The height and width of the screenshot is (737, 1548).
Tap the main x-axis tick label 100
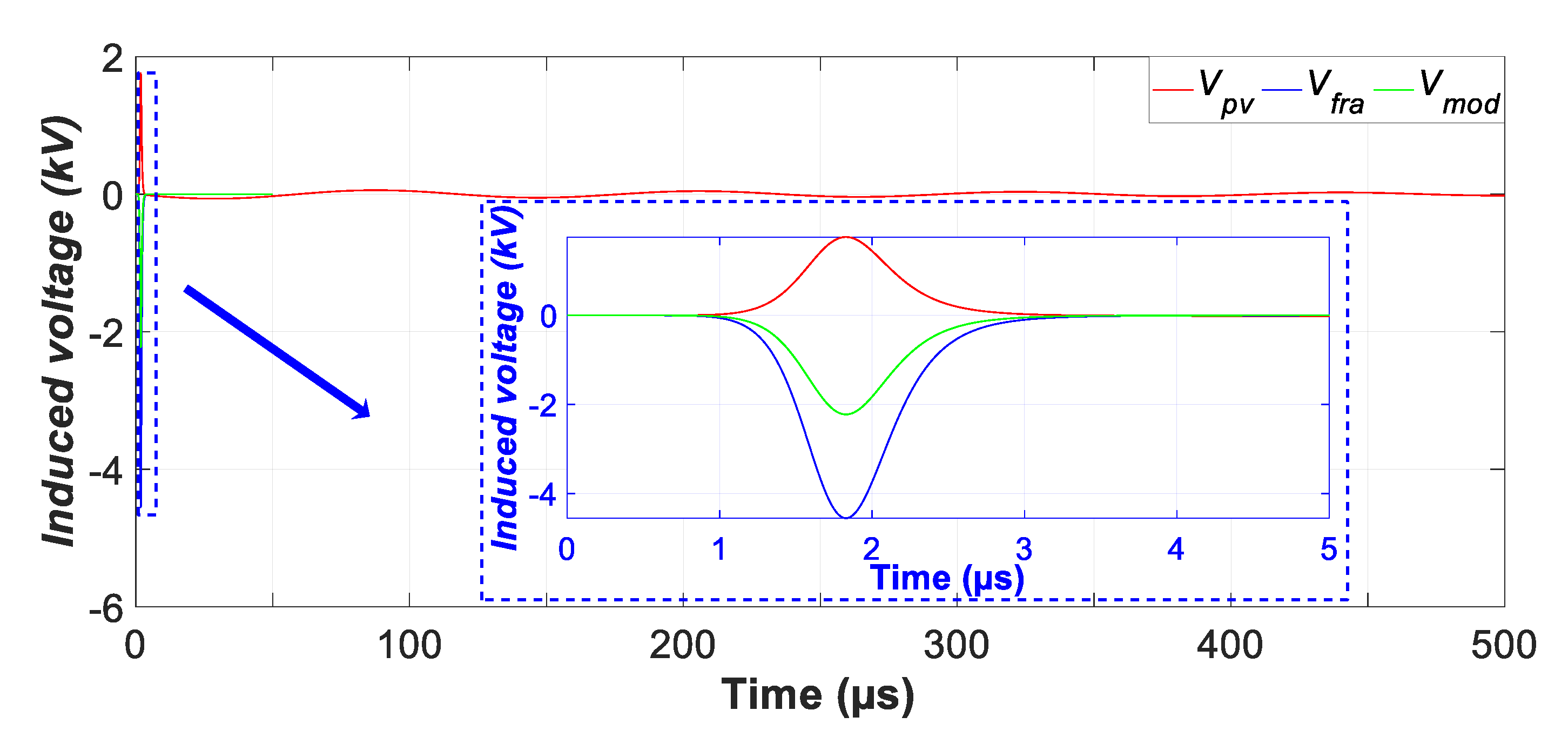point(409,646)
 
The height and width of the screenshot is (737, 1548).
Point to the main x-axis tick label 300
point(957,646)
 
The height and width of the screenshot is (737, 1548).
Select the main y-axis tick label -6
point(106,609)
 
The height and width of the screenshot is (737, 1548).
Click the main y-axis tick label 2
point(112,60)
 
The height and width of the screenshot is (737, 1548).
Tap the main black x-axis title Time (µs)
point(818,695)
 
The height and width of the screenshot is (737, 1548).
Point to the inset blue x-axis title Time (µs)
point(947,578)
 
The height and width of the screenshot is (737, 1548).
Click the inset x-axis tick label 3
point(1024,550)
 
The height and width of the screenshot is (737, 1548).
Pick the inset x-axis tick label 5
point(1329,550)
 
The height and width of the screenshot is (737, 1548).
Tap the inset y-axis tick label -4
point(543,495)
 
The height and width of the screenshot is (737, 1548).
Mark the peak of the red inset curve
point(846,237)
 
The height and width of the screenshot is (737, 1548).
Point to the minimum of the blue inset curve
point(846,518)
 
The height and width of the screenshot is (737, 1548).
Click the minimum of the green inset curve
point(846,414)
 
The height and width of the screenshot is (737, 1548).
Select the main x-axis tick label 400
point(1230,646)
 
